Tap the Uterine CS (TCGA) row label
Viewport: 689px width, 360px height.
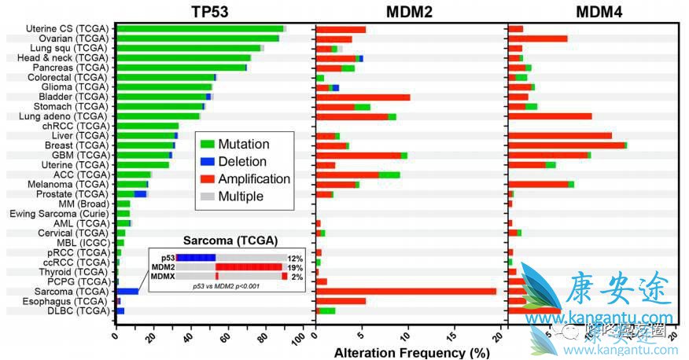pos(67,29)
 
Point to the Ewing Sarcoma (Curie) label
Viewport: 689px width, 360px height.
pos(58,213)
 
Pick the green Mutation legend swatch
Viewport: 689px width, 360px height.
pos(207,145)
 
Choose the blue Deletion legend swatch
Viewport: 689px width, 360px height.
pos(207,162)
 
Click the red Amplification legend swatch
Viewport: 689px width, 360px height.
pos(207,179)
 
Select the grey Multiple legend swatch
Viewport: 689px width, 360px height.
pos(207,197)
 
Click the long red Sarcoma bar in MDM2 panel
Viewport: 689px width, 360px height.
pos(406,291)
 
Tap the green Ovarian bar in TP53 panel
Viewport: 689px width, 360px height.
pos(197,39)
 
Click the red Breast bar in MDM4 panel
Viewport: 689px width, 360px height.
pos(566,145)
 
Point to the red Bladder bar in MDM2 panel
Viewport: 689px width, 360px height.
pos(363,97)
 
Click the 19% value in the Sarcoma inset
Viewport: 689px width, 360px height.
pos(295,267)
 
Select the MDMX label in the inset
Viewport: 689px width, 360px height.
pos(162,276)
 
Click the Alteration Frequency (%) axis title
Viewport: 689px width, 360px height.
pos(411,351)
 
